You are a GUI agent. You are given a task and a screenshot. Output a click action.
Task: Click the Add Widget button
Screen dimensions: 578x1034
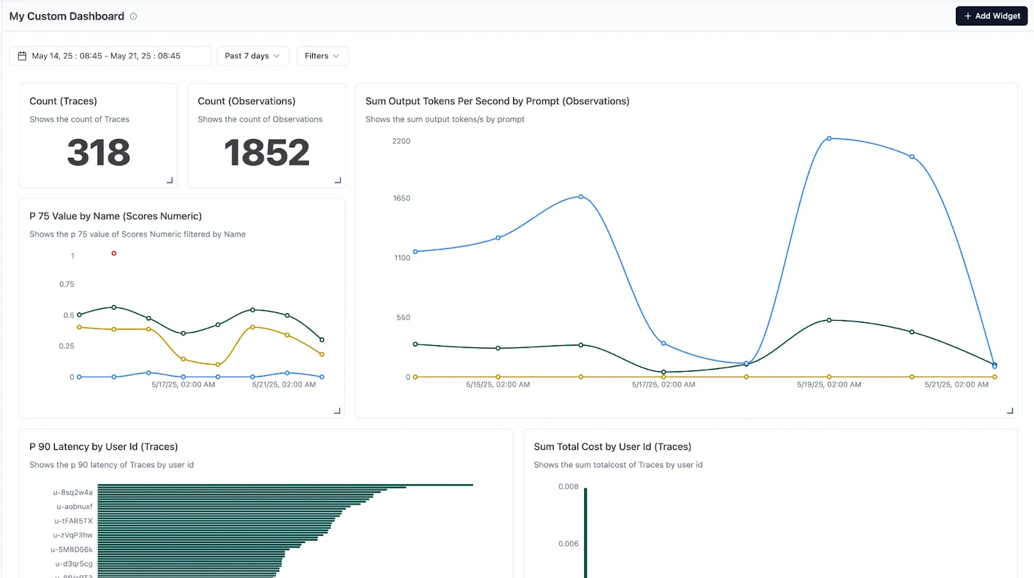click(x=991, y=16)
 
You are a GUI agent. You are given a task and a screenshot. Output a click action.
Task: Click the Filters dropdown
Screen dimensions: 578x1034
click(x=322, y=56)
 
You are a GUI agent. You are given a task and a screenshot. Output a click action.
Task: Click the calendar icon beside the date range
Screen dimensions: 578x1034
click(x=22, y=56)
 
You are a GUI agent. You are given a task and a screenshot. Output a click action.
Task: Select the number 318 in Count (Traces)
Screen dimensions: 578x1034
click(x=99, y=153)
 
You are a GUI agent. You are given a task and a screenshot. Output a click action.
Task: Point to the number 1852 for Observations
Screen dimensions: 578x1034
click(x=266, y=153)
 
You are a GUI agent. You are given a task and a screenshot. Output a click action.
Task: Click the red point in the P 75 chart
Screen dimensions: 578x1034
click(x=114, y=253)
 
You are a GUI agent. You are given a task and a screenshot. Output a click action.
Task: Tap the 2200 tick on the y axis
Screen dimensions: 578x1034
click(x=401, y=141)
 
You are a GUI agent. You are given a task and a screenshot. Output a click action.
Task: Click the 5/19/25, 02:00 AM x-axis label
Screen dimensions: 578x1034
click(x=828, y=385)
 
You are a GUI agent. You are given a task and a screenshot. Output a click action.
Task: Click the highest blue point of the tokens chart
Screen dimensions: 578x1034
click(x=829, y=138)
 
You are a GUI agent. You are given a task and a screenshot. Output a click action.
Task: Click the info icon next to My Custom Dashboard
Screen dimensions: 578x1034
click(x=133, y=17)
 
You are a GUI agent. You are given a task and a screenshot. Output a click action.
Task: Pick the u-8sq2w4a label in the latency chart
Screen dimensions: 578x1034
click(x=72, y=493)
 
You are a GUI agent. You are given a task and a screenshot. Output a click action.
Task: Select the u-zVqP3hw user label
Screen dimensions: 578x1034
click(x=72, y=535)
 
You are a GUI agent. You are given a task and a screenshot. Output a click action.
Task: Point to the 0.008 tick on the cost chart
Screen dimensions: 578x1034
click(x=568, y=487)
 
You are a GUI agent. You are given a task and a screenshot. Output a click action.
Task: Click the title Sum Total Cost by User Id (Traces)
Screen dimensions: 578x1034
click(x=612, y=447)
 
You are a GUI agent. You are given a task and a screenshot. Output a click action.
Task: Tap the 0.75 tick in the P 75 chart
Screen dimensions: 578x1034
click(x=67, y=284)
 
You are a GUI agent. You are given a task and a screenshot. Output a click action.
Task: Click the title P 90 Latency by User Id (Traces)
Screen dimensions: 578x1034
click(x=103, y=447)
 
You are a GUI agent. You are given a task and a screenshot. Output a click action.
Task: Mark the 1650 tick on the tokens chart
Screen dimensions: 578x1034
click(x=401, y=198)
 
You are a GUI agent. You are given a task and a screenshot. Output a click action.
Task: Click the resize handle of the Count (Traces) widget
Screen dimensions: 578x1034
click(x=170, y=180)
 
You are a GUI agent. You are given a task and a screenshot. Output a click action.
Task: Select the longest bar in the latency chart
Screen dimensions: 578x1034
click(x=285, y=485)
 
